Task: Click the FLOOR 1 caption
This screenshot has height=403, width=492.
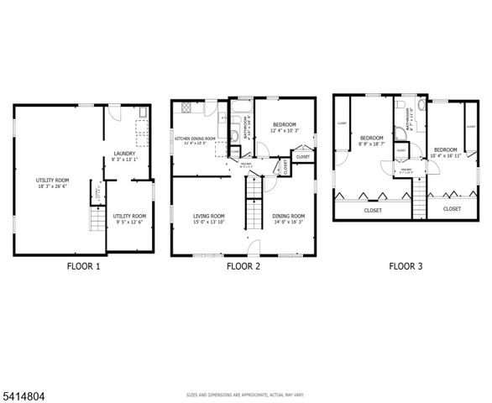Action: pos(83,266)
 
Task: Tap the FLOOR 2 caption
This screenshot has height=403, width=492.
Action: pos(243,266)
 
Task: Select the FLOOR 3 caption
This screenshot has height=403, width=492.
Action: pos(406,266)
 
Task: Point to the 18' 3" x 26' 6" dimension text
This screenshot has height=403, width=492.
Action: pos(52,186)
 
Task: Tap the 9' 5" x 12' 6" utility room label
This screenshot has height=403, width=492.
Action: pos(129,222)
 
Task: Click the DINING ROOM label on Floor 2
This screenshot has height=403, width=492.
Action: pos(288,217)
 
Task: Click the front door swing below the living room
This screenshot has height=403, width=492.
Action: pos(254,246)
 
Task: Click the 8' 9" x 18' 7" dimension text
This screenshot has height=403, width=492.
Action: pos(371,144)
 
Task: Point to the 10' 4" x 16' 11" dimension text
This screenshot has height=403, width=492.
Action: pos(445,154)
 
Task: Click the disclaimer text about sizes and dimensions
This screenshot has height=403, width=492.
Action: pos(245,394)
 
